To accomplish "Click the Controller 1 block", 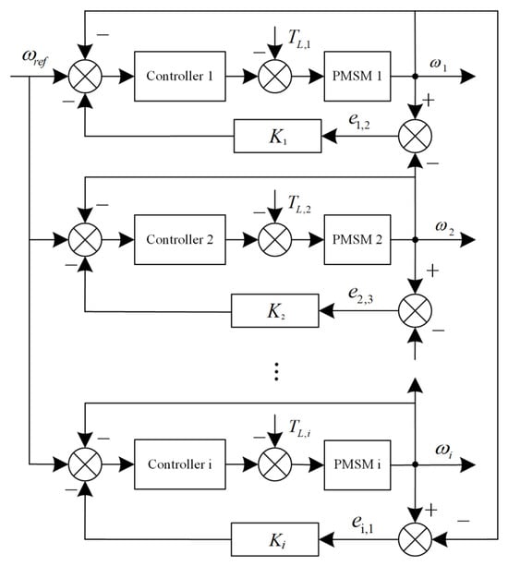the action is [x=180, y=76].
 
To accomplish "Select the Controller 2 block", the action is [x=180, y=240].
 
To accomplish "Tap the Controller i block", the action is [x=180, y=464].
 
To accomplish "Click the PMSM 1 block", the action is [x=357, y=76].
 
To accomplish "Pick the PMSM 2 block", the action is [x=357, y=240].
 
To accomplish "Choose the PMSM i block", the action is [x=357, y=465].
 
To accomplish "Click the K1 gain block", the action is [x=277, y=136].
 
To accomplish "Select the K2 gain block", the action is [x=274, y=311].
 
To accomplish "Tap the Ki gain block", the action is [x=274, y=539].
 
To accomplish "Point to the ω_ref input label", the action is [x=35, y=58].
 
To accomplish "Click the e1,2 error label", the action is [x=359, y=121].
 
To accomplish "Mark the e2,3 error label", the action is [x=360, y=295].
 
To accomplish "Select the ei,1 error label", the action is [x=363, y=524].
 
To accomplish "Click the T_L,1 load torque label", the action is [x=299, y=38].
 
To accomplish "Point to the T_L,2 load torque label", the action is [x=299, y=204].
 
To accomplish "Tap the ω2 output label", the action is [x=445, y=227].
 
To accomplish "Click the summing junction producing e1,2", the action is [x=416, y=137].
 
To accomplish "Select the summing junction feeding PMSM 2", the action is [x=275, y=240].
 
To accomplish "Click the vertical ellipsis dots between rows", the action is [x=276, y=371].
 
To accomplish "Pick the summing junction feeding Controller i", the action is [x=85, y=464].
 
